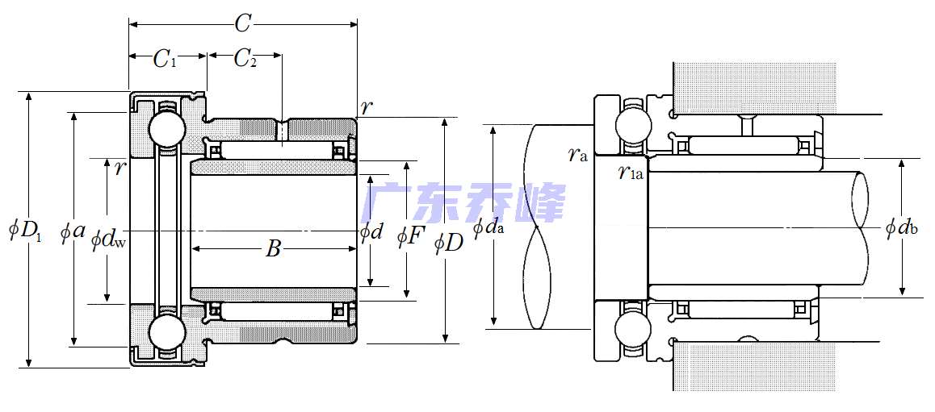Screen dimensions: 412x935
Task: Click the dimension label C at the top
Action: click(x=242, y=24)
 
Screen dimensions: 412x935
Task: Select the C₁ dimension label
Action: click(x=166, y=59)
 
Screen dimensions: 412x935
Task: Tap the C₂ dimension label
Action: click(x=245, y=59)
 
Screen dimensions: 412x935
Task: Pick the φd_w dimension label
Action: click(x=108, y=239)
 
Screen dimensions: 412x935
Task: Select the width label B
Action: click(x=273, y=249)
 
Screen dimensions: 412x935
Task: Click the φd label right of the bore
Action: click(x=371, y=232)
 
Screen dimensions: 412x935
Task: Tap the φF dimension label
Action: click(x=410, y=236)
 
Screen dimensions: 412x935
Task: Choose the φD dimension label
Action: click(x=449, y=241)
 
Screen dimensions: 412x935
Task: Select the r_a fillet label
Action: click(x=577, y=155)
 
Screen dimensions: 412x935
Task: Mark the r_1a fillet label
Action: click(x=630, y=171)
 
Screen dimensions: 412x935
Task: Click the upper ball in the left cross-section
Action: click(x=167, y=128)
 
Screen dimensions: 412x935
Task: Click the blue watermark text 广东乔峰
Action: click(x=465, y=202)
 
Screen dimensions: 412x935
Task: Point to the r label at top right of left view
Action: click(x=367, y=107)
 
